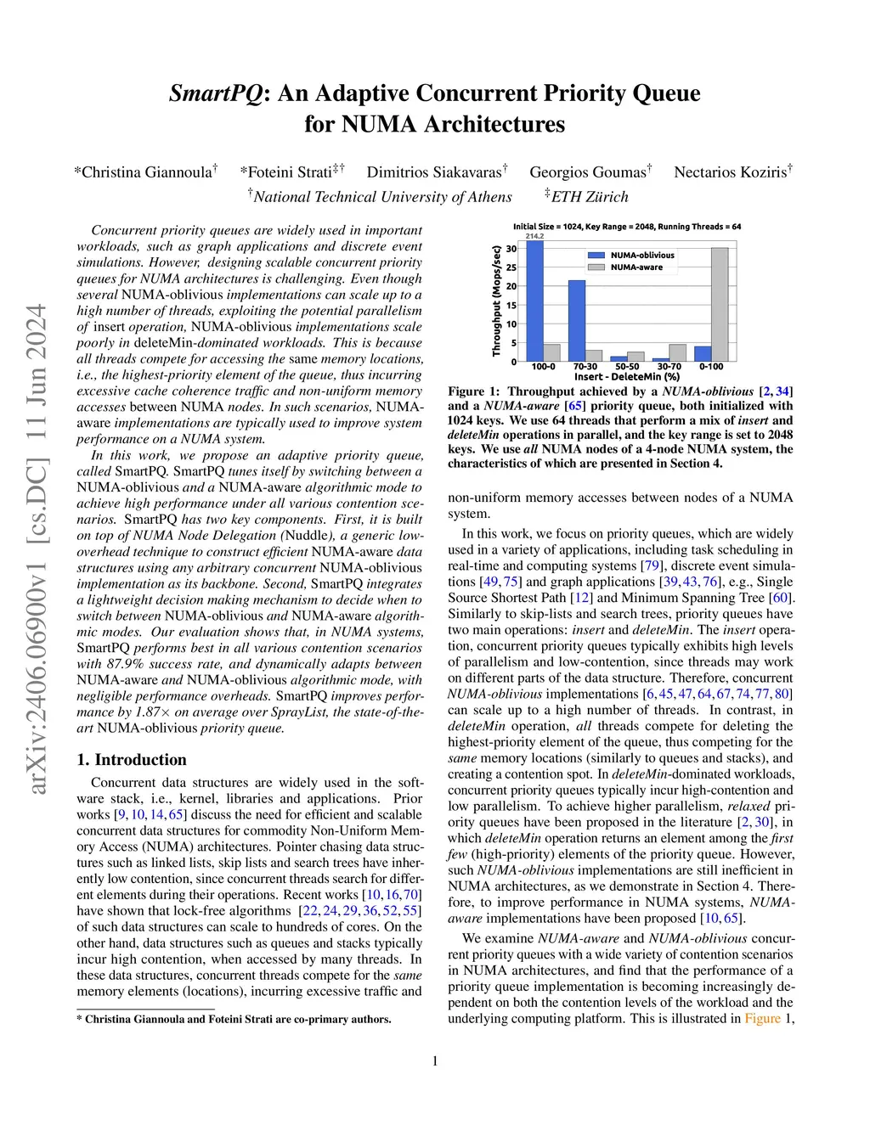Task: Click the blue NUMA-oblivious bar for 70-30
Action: [x=576, y=320]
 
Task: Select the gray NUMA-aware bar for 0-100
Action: [x=719, y=304]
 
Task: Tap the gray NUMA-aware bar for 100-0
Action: [x=551, y=352]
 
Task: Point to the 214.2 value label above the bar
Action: [x=534, y=235]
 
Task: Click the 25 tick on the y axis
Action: [x=511, y=267]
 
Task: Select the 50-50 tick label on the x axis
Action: [x=627, y=367]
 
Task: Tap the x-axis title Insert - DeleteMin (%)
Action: [x=627, y=376]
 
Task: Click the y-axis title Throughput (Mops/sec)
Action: [x=496, y=301]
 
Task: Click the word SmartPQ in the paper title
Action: [x=216, y=93]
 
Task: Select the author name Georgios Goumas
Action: [x=587, y=172]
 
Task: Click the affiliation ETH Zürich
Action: [x=590, y=197]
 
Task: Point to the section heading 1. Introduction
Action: [x=132, y=759]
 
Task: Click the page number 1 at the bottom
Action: [x=435, y=1060]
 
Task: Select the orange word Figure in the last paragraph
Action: [x=762, y=1018]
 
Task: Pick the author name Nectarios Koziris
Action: [x=730, y=172]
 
